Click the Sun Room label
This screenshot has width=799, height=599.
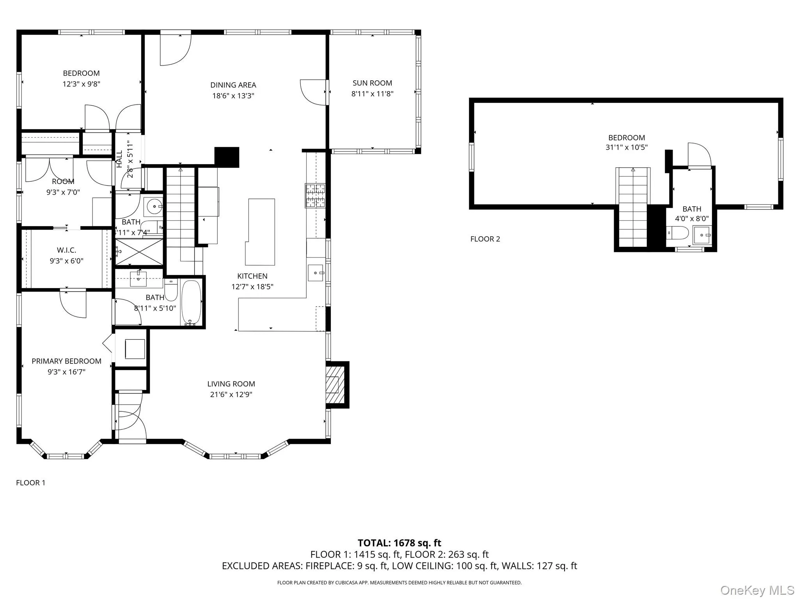[x=372, y=83]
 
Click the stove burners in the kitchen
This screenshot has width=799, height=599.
[x=315, y=195]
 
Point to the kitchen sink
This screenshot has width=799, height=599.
[x=316, y=273]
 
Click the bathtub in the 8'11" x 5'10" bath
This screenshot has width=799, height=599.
[x=191, y=303]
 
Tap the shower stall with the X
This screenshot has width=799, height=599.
[x=139, y=252]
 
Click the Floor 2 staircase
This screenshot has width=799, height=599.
[x=633, y=207]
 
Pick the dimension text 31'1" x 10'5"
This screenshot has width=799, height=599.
[x=627, y=147]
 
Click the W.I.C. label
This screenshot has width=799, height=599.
[x=66, y=250]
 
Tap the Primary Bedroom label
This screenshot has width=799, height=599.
[x=66, y=361]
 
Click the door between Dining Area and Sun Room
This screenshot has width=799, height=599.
[x=313, y=92]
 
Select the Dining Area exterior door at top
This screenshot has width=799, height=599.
[x=175, y=49]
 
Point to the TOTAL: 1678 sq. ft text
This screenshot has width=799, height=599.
[x=399, y=543]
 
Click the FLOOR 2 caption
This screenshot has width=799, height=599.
[x=485, y=239]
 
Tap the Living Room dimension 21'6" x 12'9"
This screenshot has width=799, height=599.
[x=231, y=394]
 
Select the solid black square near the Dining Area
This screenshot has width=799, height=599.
[x=227, y=157]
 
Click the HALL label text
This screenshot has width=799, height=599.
[x=120, y=159]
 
